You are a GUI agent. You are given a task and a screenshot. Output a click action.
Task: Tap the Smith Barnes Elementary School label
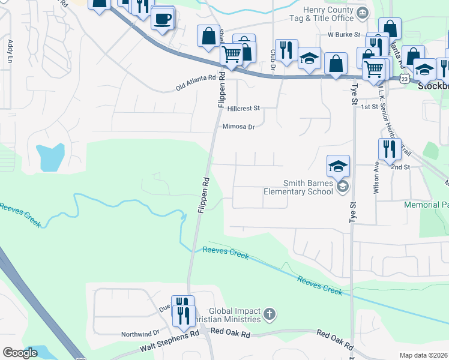(x=298, y=187)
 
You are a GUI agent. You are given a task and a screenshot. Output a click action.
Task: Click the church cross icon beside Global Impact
(x=270, y=313)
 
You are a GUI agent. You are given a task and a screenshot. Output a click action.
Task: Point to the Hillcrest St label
(x=244, y=109)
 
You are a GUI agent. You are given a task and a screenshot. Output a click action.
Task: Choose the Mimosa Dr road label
(x=239, y=127)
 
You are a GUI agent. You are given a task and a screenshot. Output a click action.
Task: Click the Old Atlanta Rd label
(x=196, y=78)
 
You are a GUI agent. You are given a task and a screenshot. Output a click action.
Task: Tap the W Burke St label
(x=343, y=35)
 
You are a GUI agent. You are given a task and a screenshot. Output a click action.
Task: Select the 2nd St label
(x=400, y=167)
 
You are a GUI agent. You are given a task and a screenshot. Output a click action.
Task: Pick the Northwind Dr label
(x=140, y=333)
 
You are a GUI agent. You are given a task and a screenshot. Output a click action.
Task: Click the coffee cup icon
(x=162, y=20)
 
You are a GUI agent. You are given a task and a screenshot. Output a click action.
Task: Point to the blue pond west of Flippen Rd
(x=49, y=157)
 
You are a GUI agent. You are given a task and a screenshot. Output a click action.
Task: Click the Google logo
(x=20, y=353)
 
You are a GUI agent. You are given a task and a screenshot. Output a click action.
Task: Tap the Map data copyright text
(x=423, y=355)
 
